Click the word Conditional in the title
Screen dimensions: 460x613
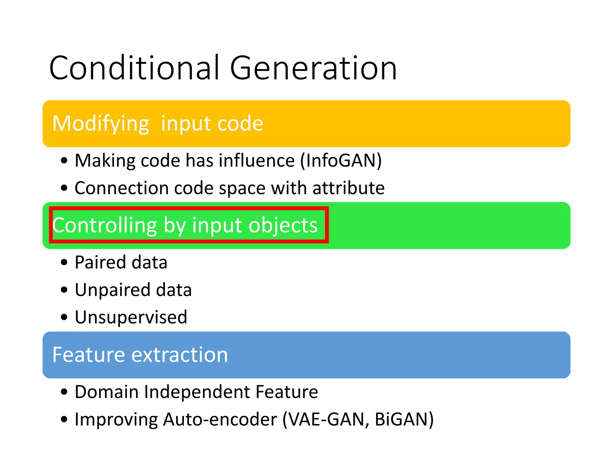click(x=135, y=68)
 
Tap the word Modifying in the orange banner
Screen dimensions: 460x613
click(x=101, y=124)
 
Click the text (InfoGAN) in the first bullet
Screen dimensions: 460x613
click(x=341, y=161)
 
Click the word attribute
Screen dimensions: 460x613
click(x=348, y=188)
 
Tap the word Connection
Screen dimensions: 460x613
click(x=122, y=188)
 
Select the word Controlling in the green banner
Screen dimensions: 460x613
click(x=104, y=225)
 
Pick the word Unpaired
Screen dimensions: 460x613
click(x=112, y=290)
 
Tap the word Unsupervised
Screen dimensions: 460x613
click(x=131, y=317)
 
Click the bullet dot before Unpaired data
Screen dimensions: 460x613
click(x=64, y=290)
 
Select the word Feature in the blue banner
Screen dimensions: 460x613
click(x=88, y=355)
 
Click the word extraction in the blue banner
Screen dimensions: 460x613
click(x=180, y=355)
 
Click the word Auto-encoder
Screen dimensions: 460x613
click(x=220, y=419)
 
